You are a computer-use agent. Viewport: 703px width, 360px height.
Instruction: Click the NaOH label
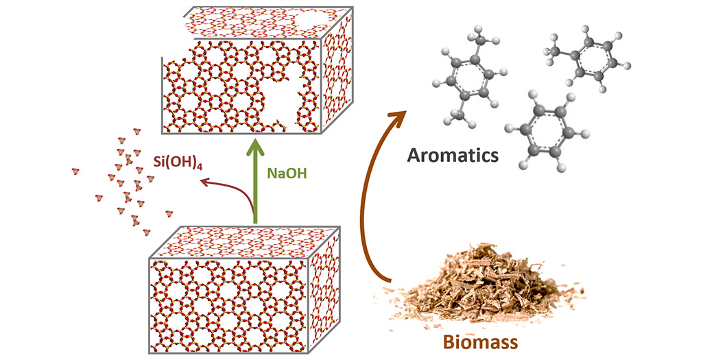coord(287,173)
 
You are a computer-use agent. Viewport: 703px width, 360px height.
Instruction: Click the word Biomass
coord(486,340)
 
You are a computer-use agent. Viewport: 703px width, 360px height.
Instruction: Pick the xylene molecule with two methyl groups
coord(468,81)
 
